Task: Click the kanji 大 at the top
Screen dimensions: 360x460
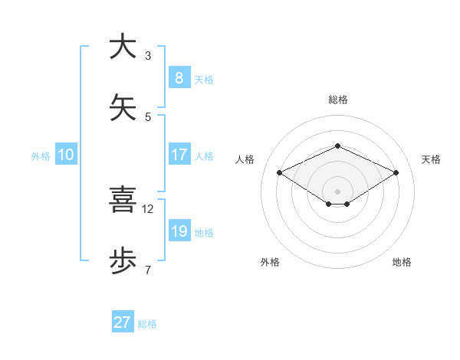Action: coord(123,47)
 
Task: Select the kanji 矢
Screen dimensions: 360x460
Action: coord(123,108)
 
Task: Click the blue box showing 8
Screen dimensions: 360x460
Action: coord(179,78)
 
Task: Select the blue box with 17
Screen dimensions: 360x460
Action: coord(179,155)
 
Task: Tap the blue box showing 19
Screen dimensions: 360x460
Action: coord(179,231)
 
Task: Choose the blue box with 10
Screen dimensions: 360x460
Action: coord(66,155)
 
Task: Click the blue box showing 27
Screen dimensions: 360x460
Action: coord(123,322)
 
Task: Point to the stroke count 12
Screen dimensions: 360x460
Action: coord(148,208)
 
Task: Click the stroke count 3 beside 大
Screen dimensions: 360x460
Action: coord(148,55)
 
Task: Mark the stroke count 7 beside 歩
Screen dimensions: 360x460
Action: coord(148,270)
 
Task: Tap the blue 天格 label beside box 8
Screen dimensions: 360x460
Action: coord(204,79)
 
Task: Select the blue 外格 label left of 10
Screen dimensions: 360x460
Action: coord(41,155)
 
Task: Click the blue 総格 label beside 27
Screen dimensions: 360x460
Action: coord(147,324)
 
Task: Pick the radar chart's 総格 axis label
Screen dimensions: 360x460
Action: coord(337,100)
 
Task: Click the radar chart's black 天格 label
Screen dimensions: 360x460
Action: coord(431,159)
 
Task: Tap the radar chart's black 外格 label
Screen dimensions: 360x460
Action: coord(270,262)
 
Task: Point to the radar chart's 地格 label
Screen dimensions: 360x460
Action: coord(402,262)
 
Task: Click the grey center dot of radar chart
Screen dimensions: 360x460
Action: coord(337,191)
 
